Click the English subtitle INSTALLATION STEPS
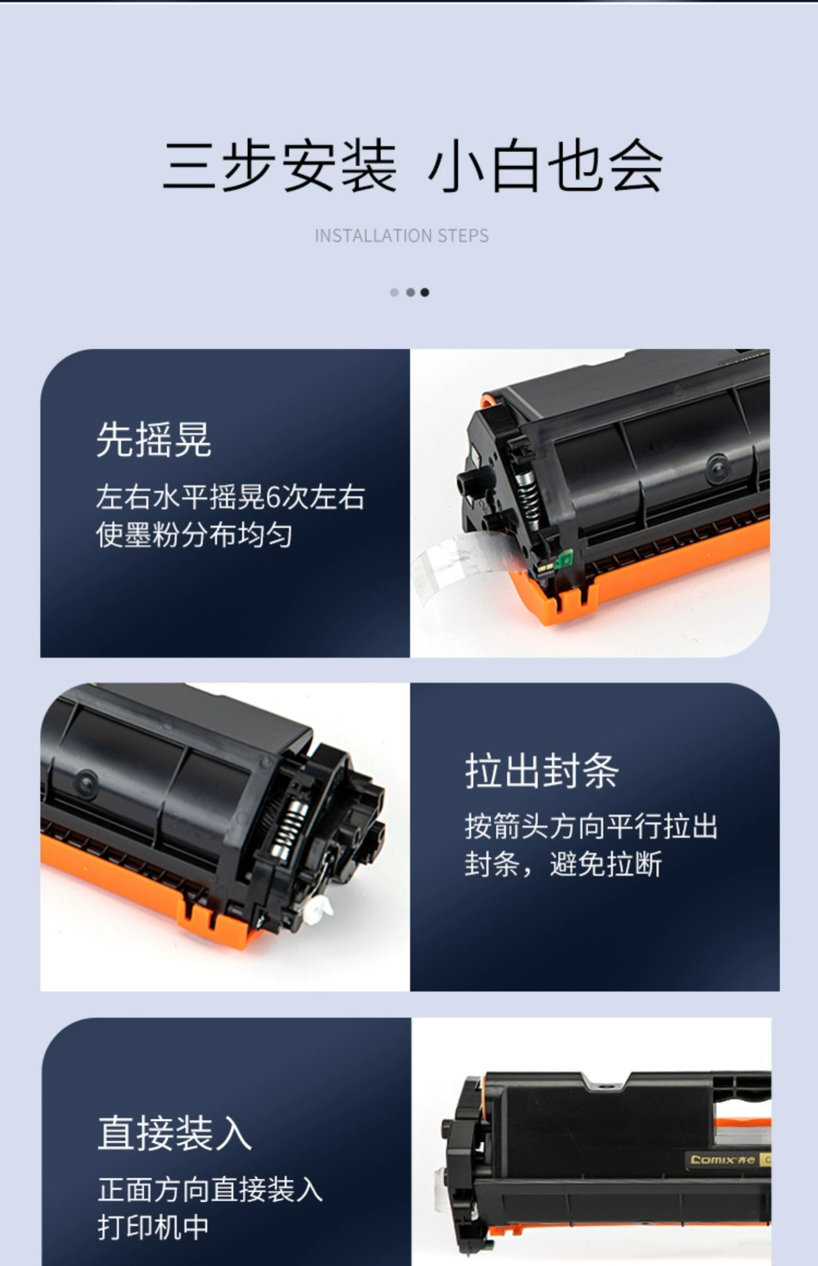pyautogui.click(x=402, y=236)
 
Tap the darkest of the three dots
pyautogui.click(x=425, y=292)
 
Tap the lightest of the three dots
pyautogui.click(x=394, y=292)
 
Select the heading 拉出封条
pyautogui.click(x=542, y=771)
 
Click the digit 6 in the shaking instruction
pyautogui.click(x=273, y=497)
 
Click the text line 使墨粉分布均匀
pyautogui.click(x=194, y=535)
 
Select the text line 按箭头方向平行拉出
pyautogui.click(x=591, y=826)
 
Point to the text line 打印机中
pyautogui.click(x=153, y=1227)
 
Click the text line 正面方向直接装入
pyautogui.click(x=210, y=1189)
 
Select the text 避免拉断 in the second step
pyautogui.click(x=606, y=864)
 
